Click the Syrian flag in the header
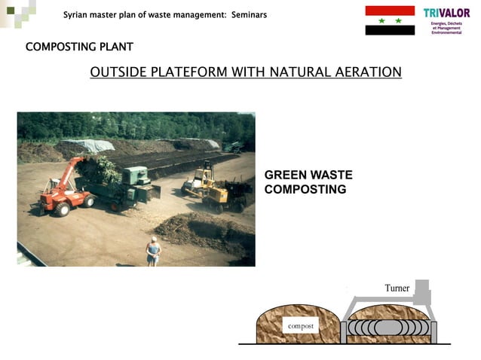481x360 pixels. [390, 20]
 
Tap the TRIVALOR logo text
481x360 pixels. [446, 13]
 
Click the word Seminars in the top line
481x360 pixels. [244, 14]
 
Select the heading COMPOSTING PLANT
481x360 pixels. [79, 47]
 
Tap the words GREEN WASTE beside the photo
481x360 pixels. [308, 175]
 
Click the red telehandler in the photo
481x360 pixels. [64, 187]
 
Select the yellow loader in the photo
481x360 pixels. [208, 189]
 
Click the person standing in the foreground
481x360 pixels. [153, 251]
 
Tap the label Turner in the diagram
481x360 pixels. [397, 288]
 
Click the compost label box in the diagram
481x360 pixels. [301, 325]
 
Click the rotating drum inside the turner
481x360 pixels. [390, 329]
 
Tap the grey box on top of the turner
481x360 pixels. [421, 289]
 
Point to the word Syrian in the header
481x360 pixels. [76, 14]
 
